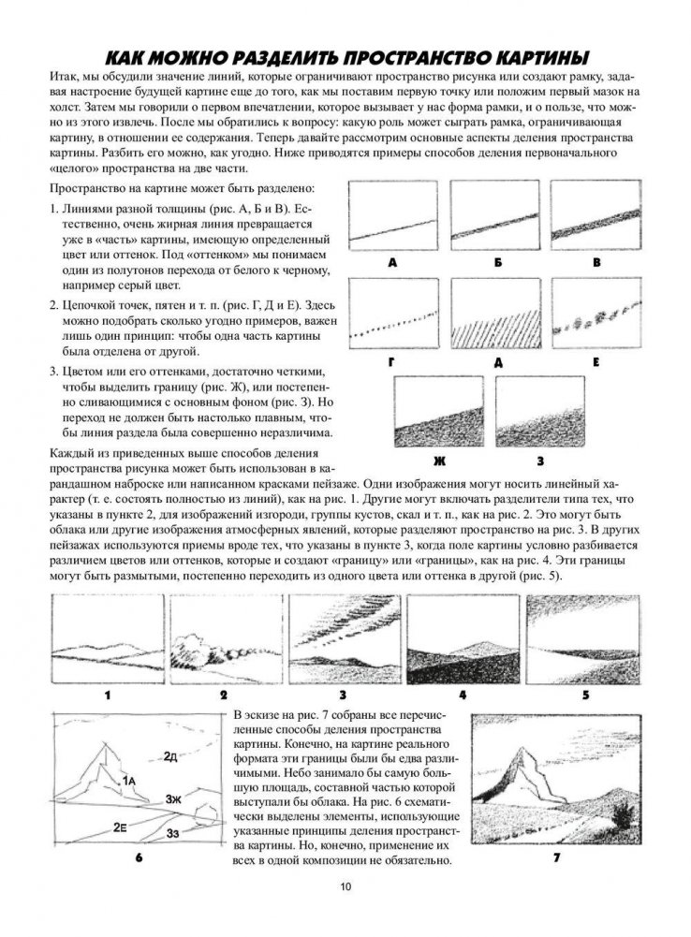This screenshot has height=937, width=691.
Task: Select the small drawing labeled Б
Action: (492, 215)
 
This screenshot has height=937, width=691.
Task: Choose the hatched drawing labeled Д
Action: (492, 314)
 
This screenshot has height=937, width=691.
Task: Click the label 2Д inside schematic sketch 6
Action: (170, 755)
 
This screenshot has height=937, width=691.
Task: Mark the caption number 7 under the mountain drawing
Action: (555, 856)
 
